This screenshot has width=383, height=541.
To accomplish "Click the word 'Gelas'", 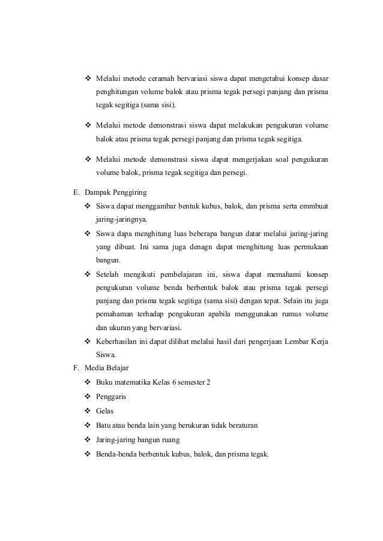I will click(x=104, y=411).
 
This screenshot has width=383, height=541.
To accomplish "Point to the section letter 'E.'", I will click(x=76, y=193).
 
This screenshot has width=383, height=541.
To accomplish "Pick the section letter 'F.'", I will click(x=76, y=368).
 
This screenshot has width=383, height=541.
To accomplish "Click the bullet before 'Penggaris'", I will click(x=88, y=397).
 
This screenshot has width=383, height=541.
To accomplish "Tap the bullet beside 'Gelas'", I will click(x=88, y=411).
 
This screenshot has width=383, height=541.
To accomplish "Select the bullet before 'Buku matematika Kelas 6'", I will click(x=88, y=382).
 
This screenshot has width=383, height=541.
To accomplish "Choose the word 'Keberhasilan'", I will click(x=118, y=341).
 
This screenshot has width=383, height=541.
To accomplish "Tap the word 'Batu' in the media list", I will click(x=103, y=425).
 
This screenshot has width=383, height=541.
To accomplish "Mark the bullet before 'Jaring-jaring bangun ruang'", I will click(x=88, y=440).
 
